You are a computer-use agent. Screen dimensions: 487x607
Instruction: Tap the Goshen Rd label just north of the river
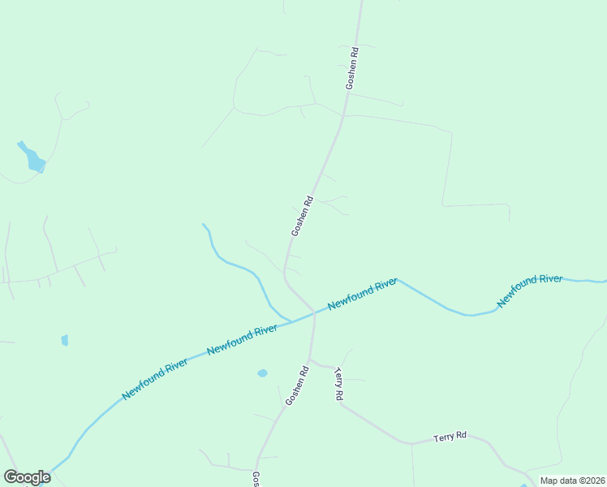pyautogui.click(x=302, y=217)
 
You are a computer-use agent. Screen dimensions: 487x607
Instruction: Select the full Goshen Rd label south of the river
pyautogui.click(x=297, y=386)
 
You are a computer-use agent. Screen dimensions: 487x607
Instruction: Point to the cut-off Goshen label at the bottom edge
pyautogui.click(x=256, y=479)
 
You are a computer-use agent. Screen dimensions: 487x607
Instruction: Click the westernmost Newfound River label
pyautogui.click(x=155, y=379)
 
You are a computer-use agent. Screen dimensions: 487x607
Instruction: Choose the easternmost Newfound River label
pyautogui.click(x=530, y=290)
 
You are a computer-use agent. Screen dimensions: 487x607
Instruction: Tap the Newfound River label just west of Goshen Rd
pyautogui.click(x=242, y=338)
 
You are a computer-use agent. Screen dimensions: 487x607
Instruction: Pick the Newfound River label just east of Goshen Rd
pyautogui.click(x=362, y=294)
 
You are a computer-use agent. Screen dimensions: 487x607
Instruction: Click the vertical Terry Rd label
pyautogui.click(x=339, y=385)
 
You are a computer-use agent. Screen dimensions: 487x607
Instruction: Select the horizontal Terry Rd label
pyautogui.click(x=449, y=437)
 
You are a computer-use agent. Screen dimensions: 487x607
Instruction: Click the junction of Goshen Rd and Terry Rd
pyautogui.click(x=311, y=360)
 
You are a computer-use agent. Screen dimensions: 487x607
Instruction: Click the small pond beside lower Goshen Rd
pyautogui.click(x=262, y=373)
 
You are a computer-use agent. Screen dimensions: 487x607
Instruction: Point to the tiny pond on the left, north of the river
pyautogui.click(x=65, y=340)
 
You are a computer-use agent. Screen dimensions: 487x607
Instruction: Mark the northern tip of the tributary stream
pyautogui.click(x=203, y=224)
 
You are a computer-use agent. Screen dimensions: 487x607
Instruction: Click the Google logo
pyautogui.click(x=27, y=477)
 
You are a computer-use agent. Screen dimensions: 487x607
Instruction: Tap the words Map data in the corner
pyautogui.click(x=560, y=481)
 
